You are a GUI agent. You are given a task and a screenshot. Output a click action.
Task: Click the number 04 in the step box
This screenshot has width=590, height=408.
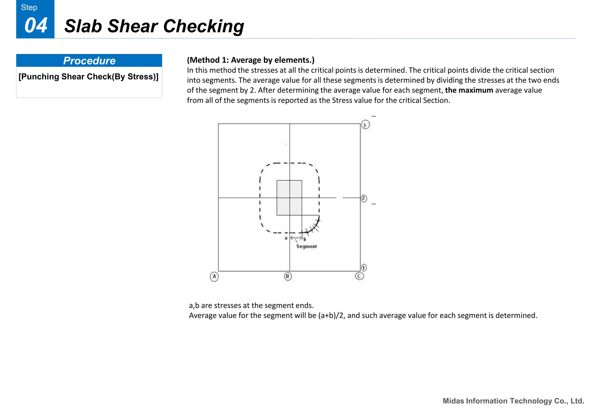[36, 26]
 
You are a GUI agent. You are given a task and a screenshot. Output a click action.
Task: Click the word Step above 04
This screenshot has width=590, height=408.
[29, 7]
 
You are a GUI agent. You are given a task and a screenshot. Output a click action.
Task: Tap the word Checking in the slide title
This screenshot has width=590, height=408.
[203, 26]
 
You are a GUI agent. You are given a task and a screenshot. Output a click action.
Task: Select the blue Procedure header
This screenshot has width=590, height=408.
[89, 61]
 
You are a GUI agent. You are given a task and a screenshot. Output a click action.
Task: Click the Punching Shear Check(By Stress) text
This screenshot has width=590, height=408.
[88, 77]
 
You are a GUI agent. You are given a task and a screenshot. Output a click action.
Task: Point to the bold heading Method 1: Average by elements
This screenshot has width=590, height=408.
[251, 60]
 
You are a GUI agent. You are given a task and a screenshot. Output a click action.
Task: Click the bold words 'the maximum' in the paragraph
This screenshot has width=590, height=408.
[469, 90]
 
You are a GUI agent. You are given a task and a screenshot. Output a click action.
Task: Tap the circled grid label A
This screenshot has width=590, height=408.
[214, 277]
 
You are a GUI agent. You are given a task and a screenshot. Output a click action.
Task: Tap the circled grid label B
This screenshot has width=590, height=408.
[288, 277]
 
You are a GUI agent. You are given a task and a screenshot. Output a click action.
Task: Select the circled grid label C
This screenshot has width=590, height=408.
[359, 276]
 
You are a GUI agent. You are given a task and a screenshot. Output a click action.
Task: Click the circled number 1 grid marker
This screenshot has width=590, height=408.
[364, 268]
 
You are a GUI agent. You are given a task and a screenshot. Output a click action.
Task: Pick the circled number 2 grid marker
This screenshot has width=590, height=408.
[364, 199]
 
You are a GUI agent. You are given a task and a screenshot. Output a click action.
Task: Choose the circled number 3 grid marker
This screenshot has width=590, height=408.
[365, 125]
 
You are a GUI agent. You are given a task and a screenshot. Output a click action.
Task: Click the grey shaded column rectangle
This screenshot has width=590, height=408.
[289, 198]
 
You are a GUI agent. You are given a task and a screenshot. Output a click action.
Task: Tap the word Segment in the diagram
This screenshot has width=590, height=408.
[306, 246]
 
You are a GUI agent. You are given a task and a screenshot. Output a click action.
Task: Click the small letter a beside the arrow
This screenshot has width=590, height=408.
[286, 238]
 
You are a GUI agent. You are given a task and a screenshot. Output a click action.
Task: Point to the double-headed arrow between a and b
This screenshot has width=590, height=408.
[296, 238]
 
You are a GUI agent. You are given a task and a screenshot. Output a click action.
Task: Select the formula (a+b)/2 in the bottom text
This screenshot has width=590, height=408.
[331, 315]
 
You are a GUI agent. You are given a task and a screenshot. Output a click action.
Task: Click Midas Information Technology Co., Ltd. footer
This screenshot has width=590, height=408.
[513, 401]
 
